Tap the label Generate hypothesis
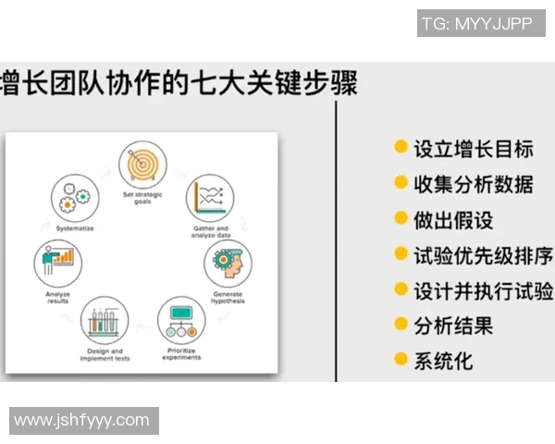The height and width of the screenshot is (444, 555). pyautogui.click(x=227, y=299)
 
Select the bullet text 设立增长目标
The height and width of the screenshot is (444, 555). pyautogui.click(x=473, y=149)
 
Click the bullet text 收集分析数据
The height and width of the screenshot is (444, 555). pyautogui.click(x=473, y=184)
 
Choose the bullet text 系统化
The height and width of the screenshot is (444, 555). pyautogui.click(x=443, y=361)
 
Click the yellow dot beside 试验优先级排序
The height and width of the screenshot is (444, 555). pyautogui.click(x=401, y=253)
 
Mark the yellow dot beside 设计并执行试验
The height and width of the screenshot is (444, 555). pyautogui.click(x=401, y=290)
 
